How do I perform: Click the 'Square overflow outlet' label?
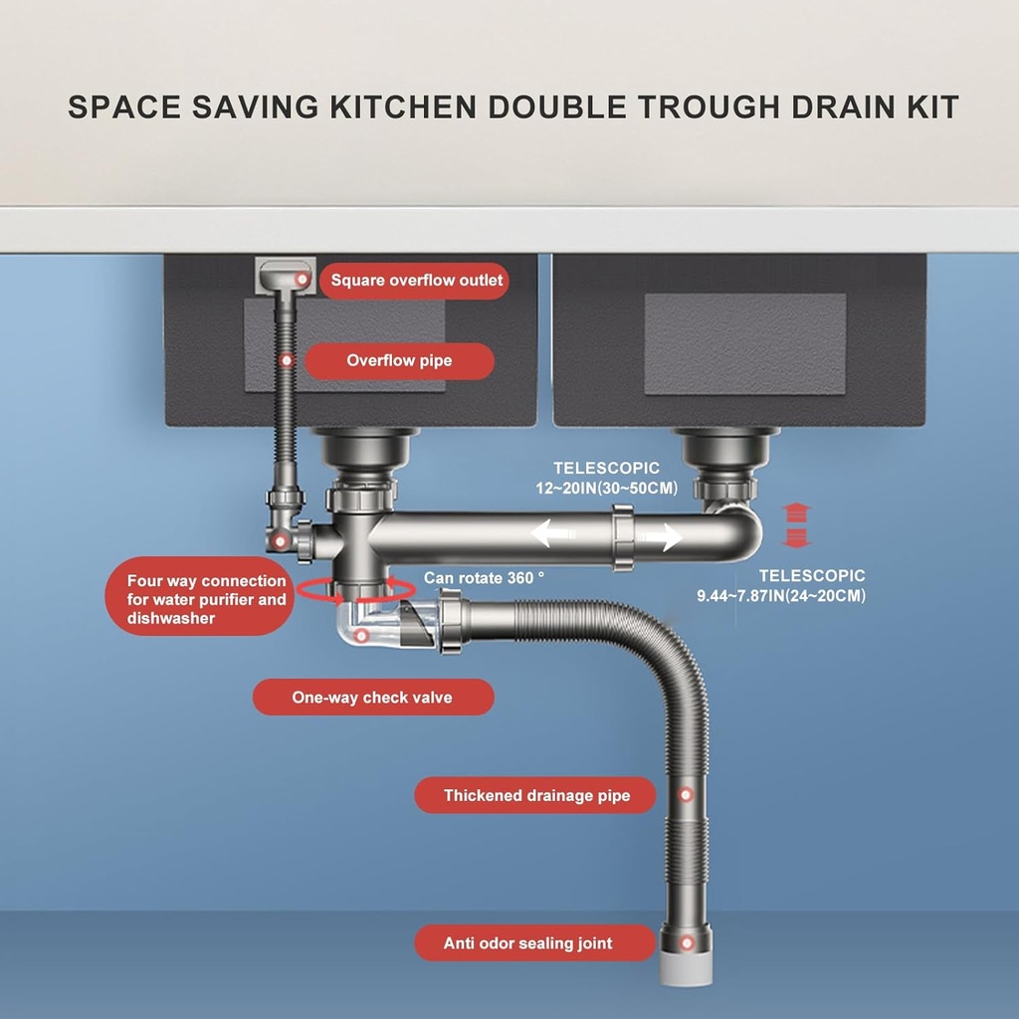(417, 281)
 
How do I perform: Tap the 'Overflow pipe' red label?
(399, 361)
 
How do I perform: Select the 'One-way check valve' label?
(372, 698)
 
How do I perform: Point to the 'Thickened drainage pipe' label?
(536, 795)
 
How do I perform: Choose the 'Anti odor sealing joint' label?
(528, 943)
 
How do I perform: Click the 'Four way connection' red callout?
(205, 599)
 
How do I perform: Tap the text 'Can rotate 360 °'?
(485, 577)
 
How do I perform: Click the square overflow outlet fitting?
(286, 276)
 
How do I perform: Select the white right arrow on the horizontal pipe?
(661, 537)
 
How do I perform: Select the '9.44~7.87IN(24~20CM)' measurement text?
(781, 596)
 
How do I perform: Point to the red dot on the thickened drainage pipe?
(685, 794)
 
